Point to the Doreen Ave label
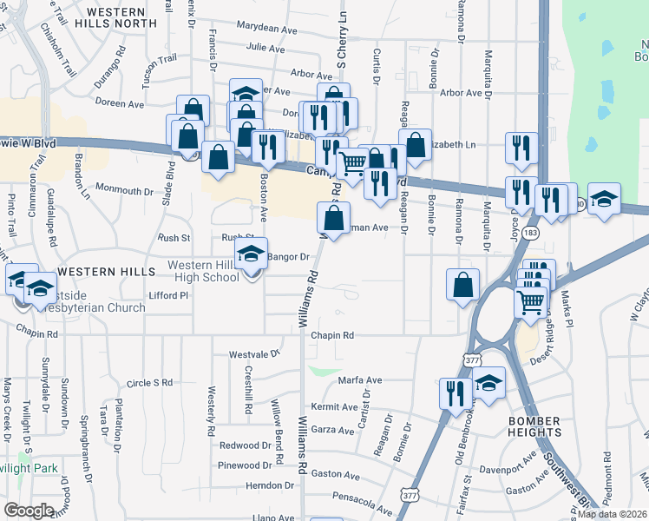tap(120, 102)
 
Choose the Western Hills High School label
tap(203, 271)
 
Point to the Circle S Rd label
tap(149, 382)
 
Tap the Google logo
tap(29, 511)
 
